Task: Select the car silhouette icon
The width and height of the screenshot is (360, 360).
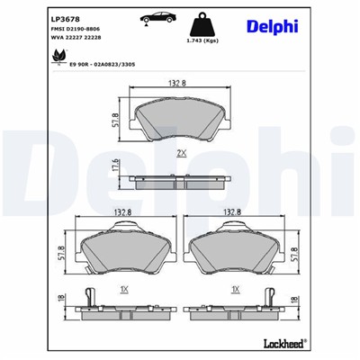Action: click(155, 19)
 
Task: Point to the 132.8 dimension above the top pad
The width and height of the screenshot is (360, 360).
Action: click(175, 84)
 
